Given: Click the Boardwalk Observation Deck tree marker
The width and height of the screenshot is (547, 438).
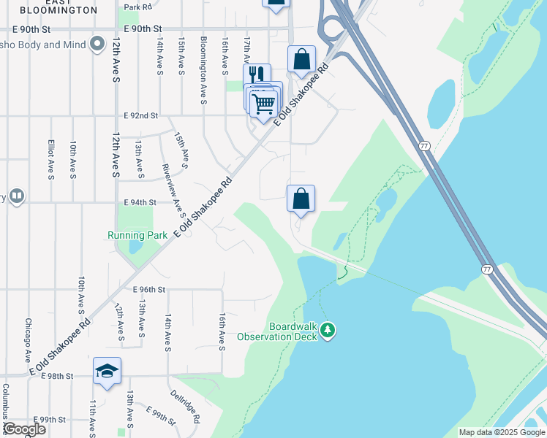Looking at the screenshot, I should point(328,331).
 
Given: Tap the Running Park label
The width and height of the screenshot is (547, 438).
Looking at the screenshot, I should point(137,235).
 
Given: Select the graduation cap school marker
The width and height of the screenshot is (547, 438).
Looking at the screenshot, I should point(107,372).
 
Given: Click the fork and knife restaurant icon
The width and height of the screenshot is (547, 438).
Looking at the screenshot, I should point(256,75).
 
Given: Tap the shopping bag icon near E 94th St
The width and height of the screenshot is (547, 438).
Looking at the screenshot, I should point(301,199).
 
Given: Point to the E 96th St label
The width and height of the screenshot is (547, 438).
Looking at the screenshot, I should point(149,290).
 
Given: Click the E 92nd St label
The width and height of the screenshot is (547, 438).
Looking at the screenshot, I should point(140,115).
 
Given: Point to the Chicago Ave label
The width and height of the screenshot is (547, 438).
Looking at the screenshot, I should point(28,340).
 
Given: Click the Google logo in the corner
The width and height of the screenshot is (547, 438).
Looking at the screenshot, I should point(24,429).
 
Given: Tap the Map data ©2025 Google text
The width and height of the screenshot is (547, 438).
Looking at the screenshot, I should point(502,432).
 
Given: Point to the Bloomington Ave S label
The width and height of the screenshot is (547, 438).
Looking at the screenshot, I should point(203,60).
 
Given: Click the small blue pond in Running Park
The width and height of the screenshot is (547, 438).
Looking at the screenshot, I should point(135,245).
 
